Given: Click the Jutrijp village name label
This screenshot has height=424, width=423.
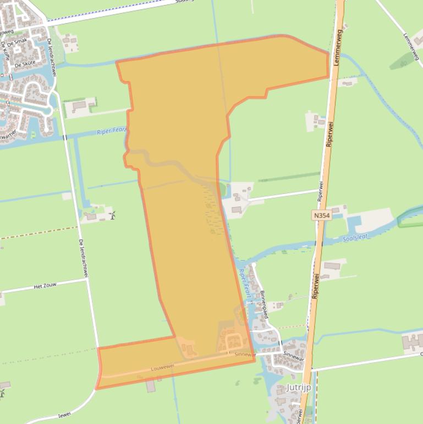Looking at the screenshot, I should click(x=298, y=388).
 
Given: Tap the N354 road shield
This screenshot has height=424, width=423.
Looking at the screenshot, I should click(x=322, y=216).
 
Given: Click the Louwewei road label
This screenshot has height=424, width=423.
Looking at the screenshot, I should click(x=163, y=366).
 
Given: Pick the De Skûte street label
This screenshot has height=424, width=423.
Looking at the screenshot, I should click(x=25, y=63).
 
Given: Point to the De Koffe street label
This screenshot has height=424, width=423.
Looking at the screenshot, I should click(x=6, y=51).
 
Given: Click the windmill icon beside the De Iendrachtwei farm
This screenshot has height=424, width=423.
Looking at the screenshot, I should click(x=113, y=215).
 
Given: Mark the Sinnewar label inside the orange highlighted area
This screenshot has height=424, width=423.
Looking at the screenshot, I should click(x=245, y=355).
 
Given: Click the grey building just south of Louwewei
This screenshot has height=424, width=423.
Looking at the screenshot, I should click(x=151, y=386).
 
